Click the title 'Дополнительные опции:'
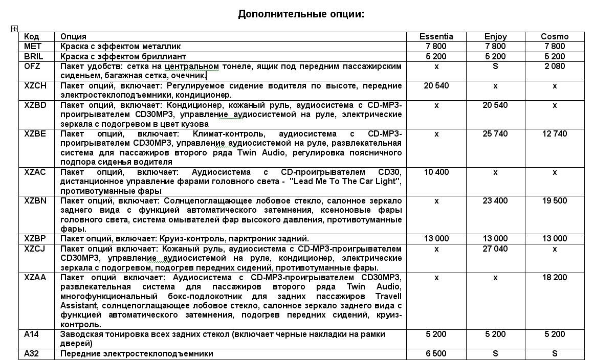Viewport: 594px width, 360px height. pyautogui.click(x=301, y=14)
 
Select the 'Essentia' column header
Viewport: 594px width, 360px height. pyautogui.click(x=436, y=36)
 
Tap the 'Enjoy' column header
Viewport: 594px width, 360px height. pyautogui.click(x=495, y=36)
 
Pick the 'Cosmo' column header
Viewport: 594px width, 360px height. pyautogui.click(x=555, y=36)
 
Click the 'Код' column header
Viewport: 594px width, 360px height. pyautogui.click(x=32, y=36)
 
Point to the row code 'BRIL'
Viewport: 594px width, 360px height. pyautogui.click(x=34, y=56)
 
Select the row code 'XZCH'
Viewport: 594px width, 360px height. pyautogui.click(x=35, y=85)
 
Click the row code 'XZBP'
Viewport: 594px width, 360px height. pyautogui.click(x=35, y=238)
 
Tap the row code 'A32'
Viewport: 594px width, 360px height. pyautogui.click(x=32, y=353)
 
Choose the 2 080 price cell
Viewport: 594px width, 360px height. pyautogui.click(x=555, y=66)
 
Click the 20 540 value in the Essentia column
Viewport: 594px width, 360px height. pyautogui.click(x=436, y=85)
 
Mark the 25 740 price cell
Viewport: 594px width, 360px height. pyautogui.click(x=495, y=133)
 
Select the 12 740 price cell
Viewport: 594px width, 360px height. pyautogui.click(x=555, y=133)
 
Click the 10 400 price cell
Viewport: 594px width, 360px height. pyautogui.click(x=436, y=172)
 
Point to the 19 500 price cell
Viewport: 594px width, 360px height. pyautogui.click(x=555, y=200)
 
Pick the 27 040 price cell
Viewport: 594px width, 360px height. pyautogui.click(x=495, y=249)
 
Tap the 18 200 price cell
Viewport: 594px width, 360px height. pyautogui.click(x=555, y=277)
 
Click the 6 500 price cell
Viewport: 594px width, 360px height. pyautogui.click(x=436, y=353)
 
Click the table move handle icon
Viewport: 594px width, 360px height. pyautogui.click(x=14, y=29)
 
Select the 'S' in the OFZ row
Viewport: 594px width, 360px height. pyautogui.click(x=495, y=66)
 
